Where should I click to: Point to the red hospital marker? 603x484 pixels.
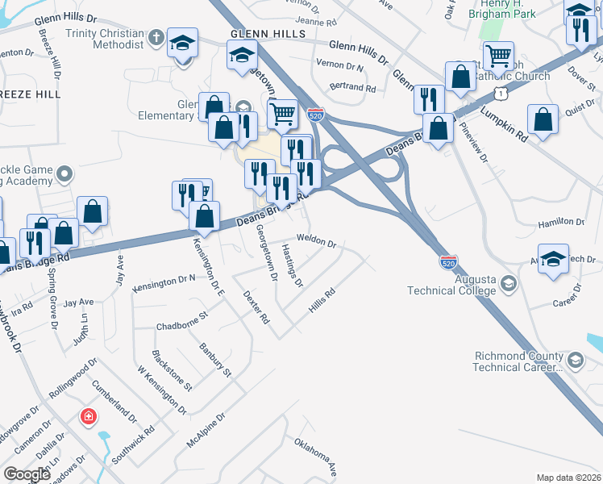coord(88,418)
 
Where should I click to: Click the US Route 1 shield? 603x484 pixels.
coord(501,94)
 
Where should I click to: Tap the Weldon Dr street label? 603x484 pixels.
coord(316,240)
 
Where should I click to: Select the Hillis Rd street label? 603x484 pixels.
coord(321,302)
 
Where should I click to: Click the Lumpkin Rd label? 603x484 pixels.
coord(505,123)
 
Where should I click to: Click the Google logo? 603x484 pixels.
coord(27,474)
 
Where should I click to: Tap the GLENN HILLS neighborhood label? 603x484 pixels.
coord(268,35)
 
